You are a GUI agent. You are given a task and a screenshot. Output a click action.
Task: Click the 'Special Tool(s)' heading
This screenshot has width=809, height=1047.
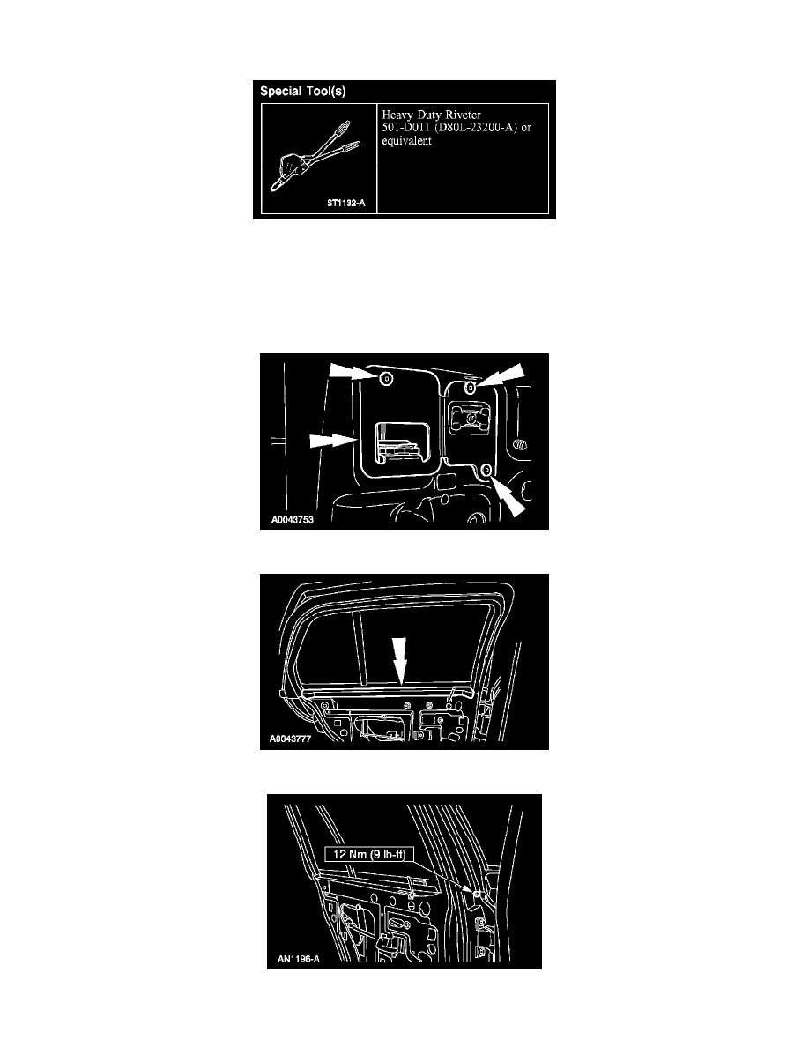(302, 92)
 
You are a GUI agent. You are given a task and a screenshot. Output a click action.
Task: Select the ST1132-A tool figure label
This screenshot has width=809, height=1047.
(345, 203)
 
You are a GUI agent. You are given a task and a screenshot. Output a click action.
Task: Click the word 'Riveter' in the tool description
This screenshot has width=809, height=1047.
(463, 115)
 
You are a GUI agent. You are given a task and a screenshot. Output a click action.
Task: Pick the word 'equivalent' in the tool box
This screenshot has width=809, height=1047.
(406, 141)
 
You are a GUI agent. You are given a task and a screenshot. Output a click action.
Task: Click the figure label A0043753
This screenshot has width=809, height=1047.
(292, 519)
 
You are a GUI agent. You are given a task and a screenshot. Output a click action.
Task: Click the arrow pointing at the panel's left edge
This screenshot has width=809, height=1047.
(332, 441)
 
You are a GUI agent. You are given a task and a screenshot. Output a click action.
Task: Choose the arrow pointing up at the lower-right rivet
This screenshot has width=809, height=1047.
(508, 497)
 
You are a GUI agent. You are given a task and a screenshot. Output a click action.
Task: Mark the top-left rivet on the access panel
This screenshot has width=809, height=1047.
(386, 379)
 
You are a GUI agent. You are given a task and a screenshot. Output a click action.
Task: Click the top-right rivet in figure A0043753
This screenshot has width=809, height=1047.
(470, 387)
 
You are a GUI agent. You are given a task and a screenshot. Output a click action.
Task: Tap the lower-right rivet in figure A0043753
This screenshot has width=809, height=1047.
(486, 470)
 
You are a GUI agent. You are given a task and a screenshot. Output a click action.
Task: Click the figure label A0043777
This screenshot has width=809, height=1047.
(290, 739)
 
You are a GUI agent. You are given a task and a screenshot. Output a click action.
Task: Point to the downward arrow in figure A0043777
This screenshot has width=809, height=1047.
(399, 661)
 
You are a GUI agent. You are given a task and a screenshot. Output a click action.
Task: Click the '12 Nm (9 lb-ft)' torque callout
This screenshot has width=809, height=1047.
(369, 854)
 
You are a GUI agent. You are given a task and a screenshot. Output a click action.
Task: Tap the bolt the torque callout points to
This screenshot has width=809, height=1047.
(478, 894)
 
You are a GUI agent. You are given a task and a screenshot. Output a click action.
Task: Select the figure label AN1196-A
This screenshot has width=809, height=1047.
(299, 960)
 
